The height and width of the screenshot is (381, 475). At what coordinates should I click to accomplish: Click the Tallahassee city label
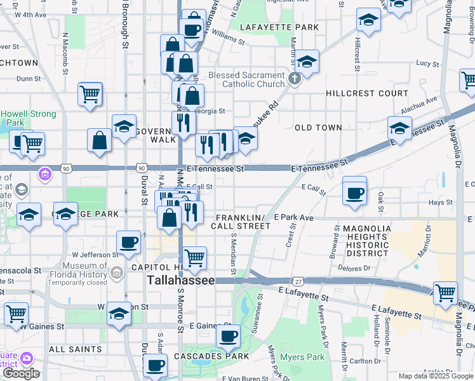pos(180,280)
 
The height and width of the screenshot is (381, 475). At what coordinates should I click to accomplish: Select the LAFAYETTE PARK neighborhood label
pos(279,27)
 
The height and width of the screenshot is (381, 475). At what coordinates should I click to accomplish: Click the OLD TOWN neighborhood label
pos(318,128)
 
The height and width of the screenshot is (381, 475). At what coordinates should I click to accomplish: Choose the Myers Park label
pos(302,358)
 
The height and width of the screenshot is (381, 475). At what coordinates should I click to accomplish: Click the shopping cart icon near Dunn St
pos(90,95)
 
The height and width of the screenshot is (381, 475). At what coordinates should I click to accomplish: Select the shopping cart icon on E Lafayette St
pos(445,293)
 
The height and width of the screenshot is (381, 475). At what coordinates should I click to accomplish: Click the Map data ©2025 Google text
pos(436,377)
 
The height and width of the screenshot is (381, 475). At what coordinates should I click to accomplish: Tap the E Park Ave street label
pos(293,218)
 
